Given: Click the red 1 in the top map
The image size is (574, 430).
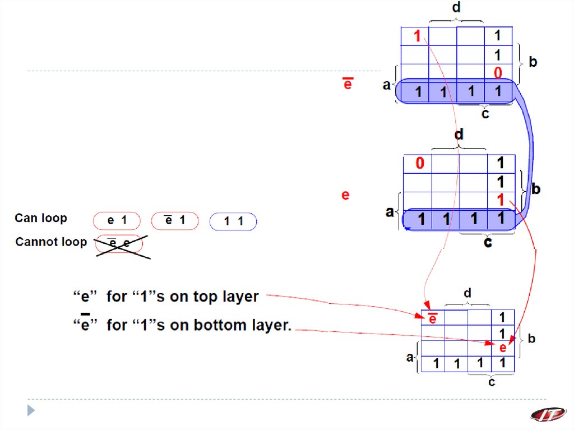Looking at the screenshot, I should click(x=417, y=37).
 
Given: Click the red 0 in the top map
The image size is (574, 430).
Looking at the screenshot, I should click(x=497, y=73).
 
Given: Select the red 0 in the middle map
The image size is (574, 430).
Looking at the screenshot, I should click(x=420, y=164).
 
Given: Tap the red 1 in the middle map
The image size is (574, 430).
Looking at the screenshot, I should click(x=501, y=201).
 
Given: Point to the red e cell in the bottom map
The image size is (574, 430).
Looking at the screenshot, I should click(x=503, y=348).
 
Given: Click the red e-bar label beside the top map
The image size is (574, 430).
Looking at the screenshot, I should click(x=348, y=85).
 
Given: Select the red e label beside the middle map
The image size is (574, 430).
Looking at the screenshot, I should click(x=345, y=195).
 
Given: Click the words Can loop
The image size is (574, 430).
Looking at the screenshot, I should click(x=40, y=218).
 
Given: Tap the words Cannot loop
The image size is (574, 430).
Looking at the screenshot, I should click(x=51, y=242).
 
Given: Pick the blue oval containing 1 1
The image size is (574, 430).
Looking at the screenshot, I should click(x=233, y=221).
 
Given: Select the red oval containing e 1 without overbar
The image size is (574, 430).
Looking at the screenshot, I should click(x=117, y=221).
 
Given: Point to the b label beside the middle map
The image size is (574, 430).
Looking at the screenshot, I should click(x=536, y=189).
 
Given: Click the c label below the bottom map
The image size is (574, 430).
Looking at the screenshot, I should click(x=492, y=383).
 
